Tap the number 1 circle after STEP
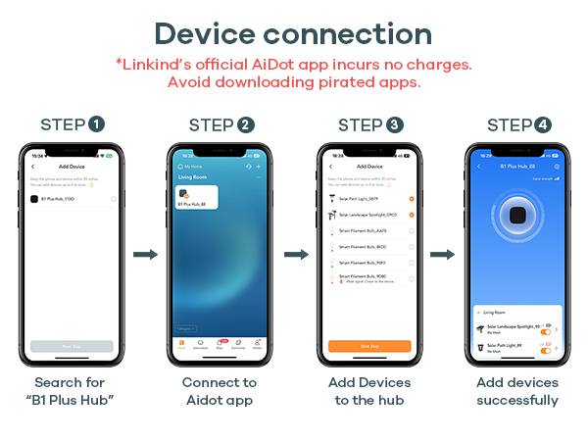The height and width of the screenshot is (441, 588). pos(97,124)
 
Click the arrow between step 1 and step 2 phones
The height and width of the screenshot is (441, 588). pos(145,255)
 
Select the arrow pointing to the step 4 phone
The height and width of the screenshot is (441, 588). pos(442,255)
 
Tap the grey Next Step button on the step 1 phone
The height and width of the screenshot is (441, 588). pos(72,346)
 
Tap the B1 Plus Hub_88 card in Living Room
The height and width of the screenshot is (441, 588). pos(196,197)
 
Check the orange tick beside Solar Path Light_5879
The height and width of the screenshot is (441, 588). pos(412,199)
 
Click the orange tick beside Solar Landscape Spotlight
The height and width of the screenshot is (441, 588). pos(412,214)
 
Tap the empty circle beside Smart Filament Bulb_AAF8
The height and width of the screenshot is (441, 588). pos(412,230)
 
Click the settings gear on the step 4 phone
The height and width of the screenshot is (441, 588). pos(557,167)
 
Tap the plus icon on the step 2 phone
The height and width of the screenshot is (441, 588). pos(259,168)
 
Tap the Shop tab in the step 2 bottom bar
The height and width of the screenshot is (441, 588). pos(220,344)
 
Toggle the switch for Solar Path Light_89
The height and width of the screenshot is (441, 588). pos(546,348)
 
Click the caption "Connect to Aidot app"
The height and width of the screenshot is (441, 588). pos(220,391)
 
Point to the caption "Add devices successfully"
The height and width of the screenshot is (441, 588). pos(516,391)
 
